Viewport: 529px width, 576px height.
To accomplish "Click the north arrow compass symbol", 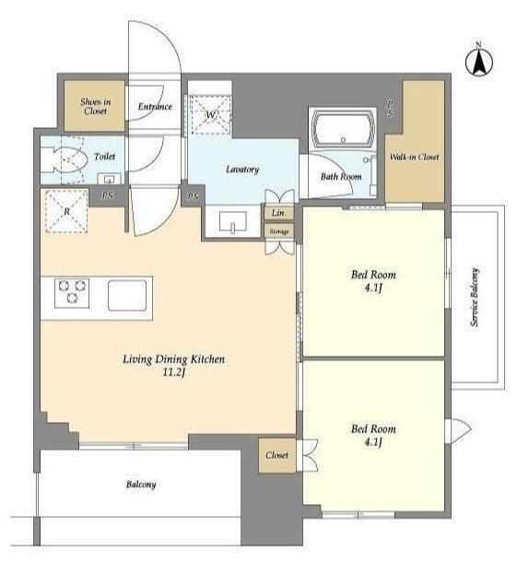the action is pyautogui.click(x=479, y=61).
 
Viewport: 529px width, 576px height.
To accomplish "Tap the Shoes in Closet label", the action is pyautogui.click(x=96, y=106).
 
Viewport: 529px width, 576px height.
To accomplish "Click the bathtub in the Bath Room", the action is pyautogui.click(x=343, y=129).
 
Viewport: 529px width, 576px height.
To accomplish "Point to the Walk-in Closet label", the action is pyautogui.click(x=414, y=157).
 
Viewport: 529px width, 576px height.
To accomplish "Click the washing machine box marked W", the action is pyautogui.click(x=210, y=114).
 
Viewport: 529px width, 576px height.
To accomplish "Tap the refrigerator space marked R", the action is pyautogui.click(x=66, y=211).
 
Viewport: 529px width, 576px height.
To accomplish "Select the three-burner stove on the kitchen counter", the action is pyautogui.click(x=72, y=293).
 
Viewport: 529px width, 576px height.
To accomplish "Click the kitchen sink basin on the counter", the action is pyautogui.click(x=127, y=295).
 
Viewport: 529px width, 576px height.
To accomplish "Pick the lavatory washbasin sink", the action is pyautogui.click(x=233, y=221).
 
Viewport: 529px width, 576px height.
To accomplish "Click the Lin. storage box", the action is pyautogui.click(x=279, y=213).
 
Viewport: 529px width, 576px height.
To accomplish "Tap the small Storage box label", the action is pyautogui.click(x=279, y=231).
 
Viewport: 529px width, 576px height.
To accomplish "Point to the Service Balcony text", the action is pyautogui.click(x=475, y=297).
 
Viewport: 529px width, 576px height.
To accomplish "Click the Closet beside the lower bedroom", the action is pyautogui.click(x=277, y=455).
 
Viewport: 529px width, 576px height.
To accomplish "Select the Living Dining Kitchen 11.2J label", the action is pyautogui.click(x=174, y=365).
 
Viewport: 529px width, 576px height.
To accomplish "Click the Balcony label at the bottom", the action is pyautogui.click(x=141, y=485).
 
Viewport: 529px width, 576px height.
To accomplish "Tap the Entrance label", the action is pyautogui.click(x=155, y=107).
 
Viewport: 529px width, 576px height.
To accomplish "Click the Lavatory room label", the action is pyautogui.click(x=242, y=170).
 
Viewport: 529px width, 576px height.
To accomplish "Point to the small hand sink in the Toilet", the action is pyautogui.click(x=109, y=179).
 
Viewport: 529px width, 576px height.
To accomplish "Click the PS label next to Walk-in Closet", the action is pyautogui.click(x=390, y=109).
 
